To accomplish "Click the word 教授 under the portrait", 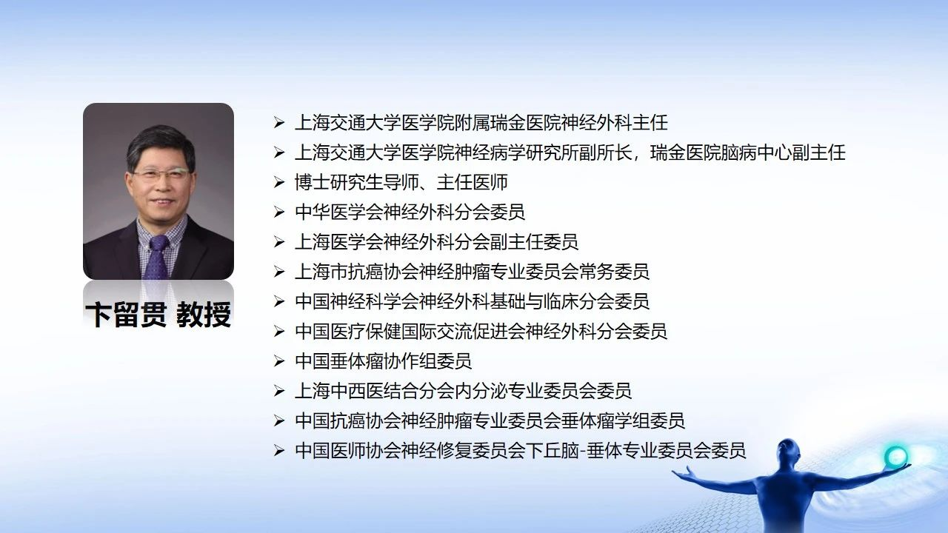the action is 204,315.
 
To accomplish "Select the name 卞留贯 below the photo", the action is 126,315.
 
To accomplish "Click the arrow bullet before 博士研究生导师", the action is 278,182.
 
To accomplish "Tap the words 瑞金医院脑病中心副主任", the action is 748,152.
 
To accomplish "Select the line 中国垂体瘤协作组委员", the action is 384,361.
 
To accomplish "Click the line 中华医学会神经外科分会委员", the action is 410,212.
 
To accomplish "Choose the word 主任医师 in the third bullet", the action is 472,182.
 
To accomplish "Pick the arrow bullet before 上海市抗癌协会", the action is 278,272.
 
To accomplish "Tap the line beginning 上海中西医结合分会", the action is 464,391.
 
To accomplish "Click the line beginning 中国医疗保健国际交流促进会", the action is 481,331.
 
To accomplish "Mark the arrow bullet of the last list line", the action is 278,451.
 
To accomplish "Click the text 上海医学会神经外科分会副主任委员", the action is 436,242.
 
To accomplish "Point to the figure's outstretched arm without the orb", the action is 715,481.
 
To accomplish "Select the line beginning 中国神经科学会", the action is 472,301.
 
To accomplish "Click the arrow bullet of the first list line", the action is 278,123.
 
